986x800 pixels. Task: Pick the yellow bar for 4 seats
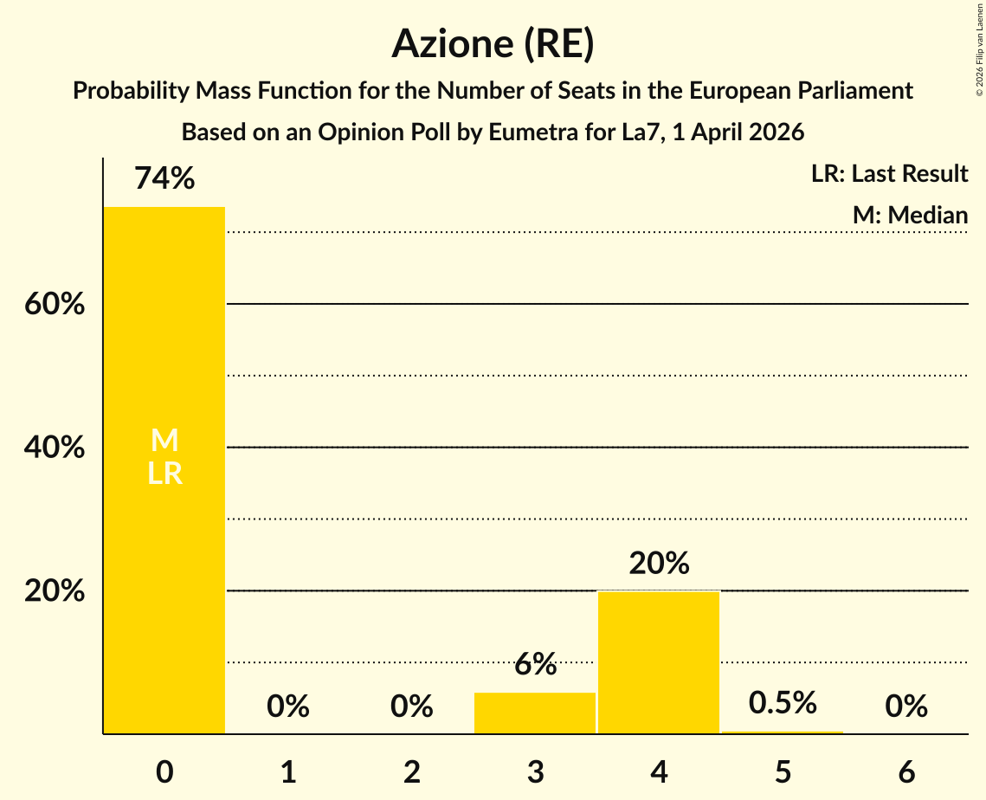pyautogui.click(x=659, y=662)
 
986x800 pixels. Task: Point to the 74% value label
pyautogui.click(x=164, y=178)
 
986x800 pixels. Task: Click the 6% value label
pyautogui.click(x=535, y=665)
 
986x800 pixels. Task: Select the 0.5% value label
pyautogui.click(x=783, y=703)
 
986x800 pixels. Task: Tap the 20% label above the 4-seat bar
pyautogui.click(x=659, y=564)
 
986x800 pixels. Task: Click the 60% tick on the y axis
pyautogui.click(x=55, y=305)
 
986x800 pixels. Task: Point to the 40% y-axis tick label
pyautogui.click(x=55, y=448)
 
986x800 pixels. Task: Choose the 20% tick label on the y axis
pyautogui.click(x=55, y=591)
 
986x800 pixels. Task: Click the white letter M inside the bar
pyautogui.click(x=164, y=441)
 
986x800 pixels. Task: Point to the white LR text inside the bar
pyautogui.click(x=164, y=473)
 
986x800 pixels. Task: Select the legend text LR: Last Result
pyautogui.click(x=889, y=174)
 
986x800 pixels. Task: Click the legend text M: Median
pyautogui.click(x=910, y=215)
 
